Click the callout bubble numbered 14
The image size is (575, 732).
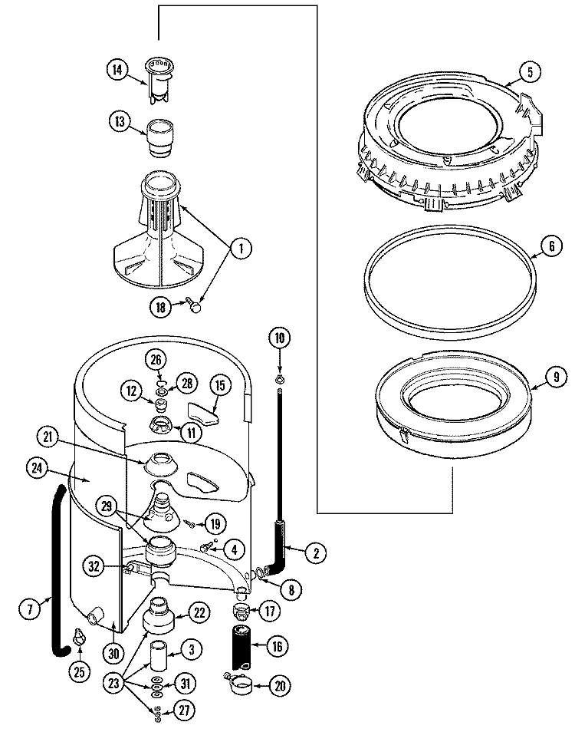click(117, 69)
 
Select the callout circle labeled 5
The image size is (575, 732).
click(529, 73)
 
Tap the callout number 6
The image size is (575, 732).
click(549, 248)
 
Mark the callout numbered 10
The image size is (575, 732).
click(279, 336)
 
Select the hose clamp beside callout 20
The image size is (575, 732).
click(241, 683)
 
